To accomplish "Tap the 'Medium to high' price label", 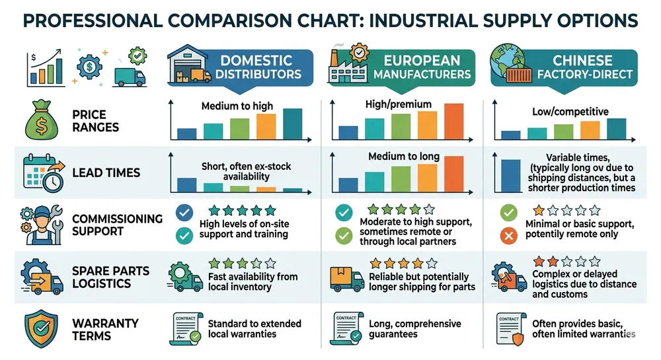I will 237,106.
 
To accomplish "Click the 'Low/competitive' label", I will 571,112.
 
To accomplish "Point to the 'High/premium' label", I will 398,104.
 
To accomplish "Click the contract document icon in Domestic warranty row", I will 186,328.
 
